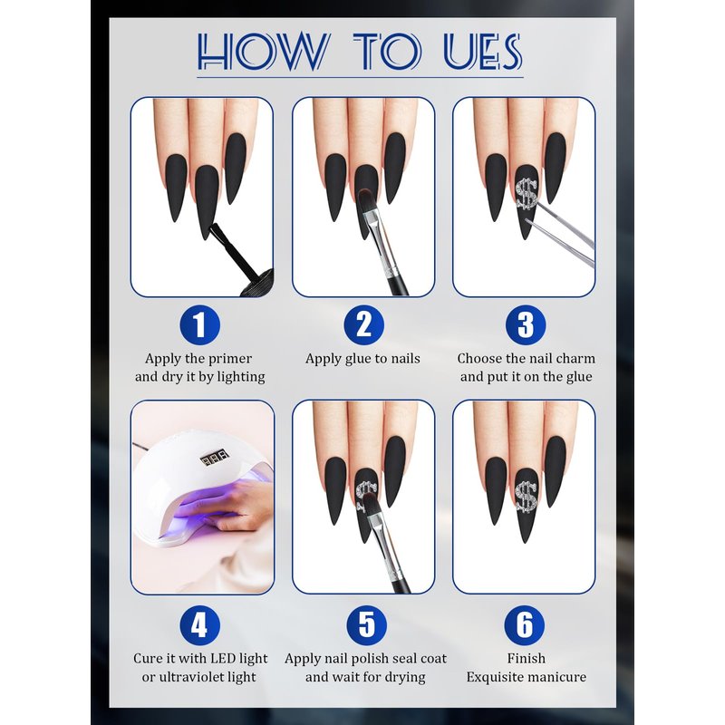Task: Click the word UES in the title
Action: click(483, 52)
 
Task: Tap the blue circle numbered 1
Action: click(199, 325)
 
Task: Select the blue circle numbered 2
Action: click(364, 325)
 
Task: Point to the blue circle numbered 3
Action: click(526, 325)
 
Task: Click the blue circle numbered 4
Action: click(199, 625)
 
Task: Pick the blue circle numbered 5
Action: click(367, 625)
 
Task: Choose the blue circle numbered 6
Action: click(525, 625)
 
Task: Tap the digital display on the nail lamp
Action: click(215, 459)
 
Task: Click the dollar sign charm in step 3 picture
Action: click(527, 193)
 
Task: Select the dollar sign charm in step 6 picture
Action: click(527, 496)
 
